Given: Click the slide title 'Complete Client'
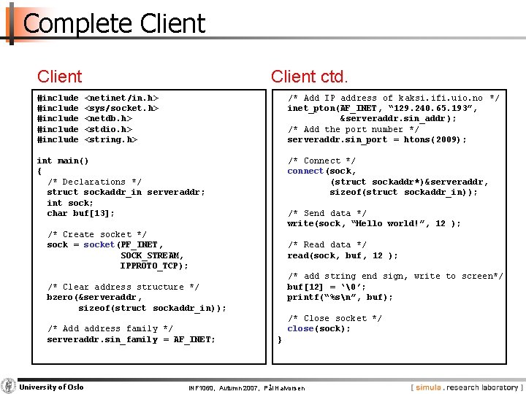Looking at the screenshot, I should click(x=114, y=23).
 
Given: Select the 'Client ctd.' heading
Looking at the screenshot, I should click(x=309, y=76).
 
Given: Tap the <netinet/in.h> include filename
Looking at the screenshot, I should click(x=122, y=97).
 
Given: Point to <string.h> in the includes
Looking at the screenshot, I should click(x=111, y=139).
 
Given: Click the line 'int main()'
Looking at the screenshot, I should click(x=62, y=161).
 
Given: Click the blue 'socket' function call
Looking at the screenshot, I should click(x=99, y=244).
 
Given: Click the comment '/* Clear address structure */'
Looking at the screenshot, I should click(x=123, y=287).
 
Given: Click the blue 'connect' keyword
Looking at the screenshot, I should click(x=305, y=171).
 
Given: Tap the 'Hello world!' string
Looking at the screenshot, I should click(x=390, y=223).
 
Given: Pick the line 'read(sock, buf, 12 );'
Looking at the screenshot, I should click(x=343, y=255).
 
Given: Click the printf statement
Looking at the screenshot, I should click(x=340, y=297).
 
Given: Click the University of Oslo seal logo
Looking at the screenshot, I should click(x=9, y=386).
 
